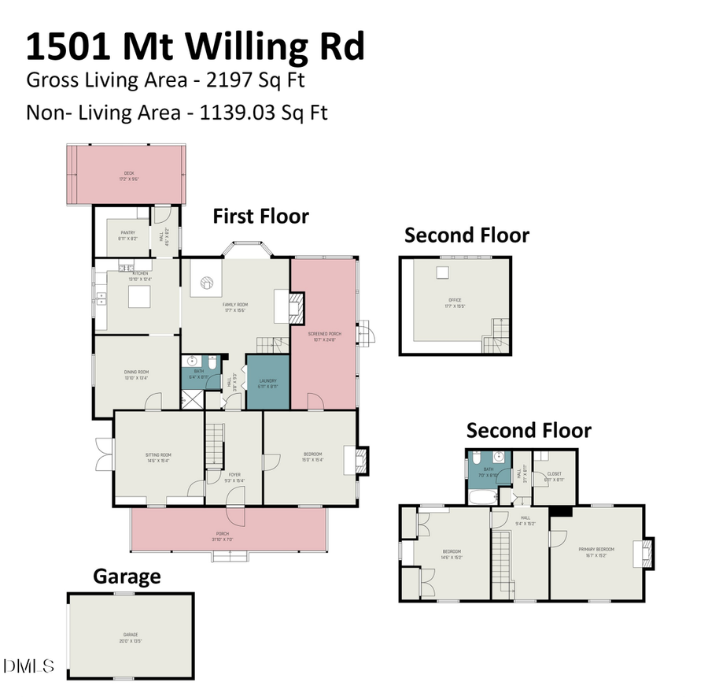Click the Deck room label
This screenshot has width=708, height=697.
click(128, 176)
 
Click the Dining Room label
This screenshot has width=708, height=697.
click(136, 373)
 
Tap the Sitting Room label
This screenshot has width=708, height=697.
click(158, 457)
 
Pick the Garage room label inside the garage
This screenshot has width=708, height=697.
click(130, 636)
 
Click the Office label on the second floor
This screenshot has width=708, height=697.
click(455, 302)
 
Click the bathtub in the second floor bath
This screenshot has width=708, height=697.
click(481, 498)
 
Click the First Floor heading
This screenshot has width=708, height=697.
click(261, 216)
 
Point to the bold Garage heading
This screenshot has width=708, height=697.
click(127, 576)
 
